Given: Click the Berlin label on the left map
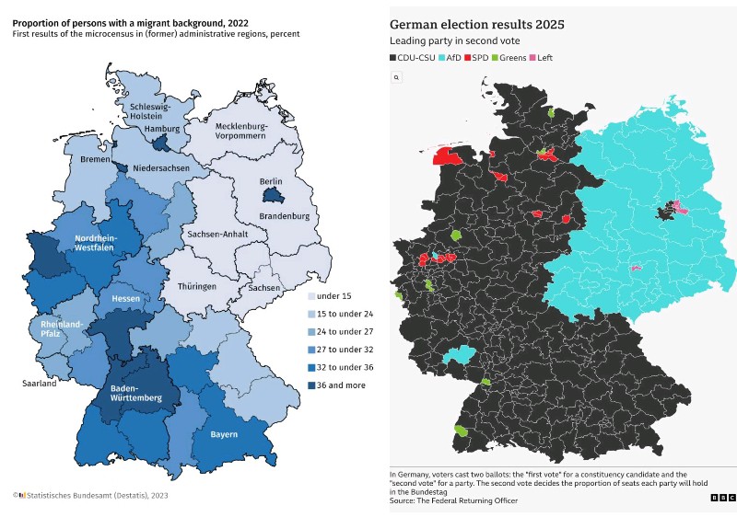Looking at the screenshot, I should click(271, 181).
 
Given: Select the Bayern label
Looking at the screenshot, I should click(224, 434).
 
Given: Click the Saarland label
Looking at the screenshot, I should click(40, 384).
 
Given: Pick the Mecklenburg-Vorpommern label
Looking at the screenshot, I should click(240, 131).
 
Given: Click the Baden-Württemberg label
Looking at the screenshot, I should click(136, 393).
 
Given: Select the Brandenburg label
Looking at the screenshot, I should click(284, 216).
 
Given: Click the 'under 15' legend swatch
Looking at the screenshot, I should click(310, 296).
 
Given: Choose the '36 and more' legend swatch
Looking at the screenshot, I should click(310, 385).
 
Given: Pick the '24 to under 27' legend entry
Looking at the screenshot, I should click(335, 332).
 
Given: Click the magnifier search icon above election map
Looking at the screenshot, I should click(396, 77).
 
